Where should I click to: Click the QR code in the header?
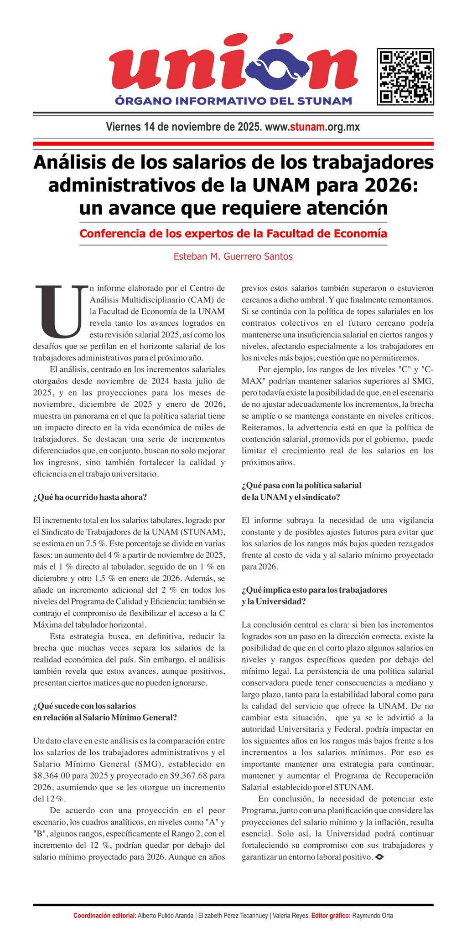[x=405, y=76]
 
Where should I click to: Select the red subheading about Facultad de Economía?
[x=233, y=234]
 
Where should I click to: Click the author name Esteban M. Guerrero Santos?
[x=233, y=256]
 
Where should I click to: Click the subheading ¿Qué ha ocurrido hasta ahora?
[x=90, y=497]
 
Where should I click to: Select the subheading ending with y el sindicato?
[x=291, y=497]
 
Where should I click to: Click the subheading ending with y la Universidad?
[x=274, y=601]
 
